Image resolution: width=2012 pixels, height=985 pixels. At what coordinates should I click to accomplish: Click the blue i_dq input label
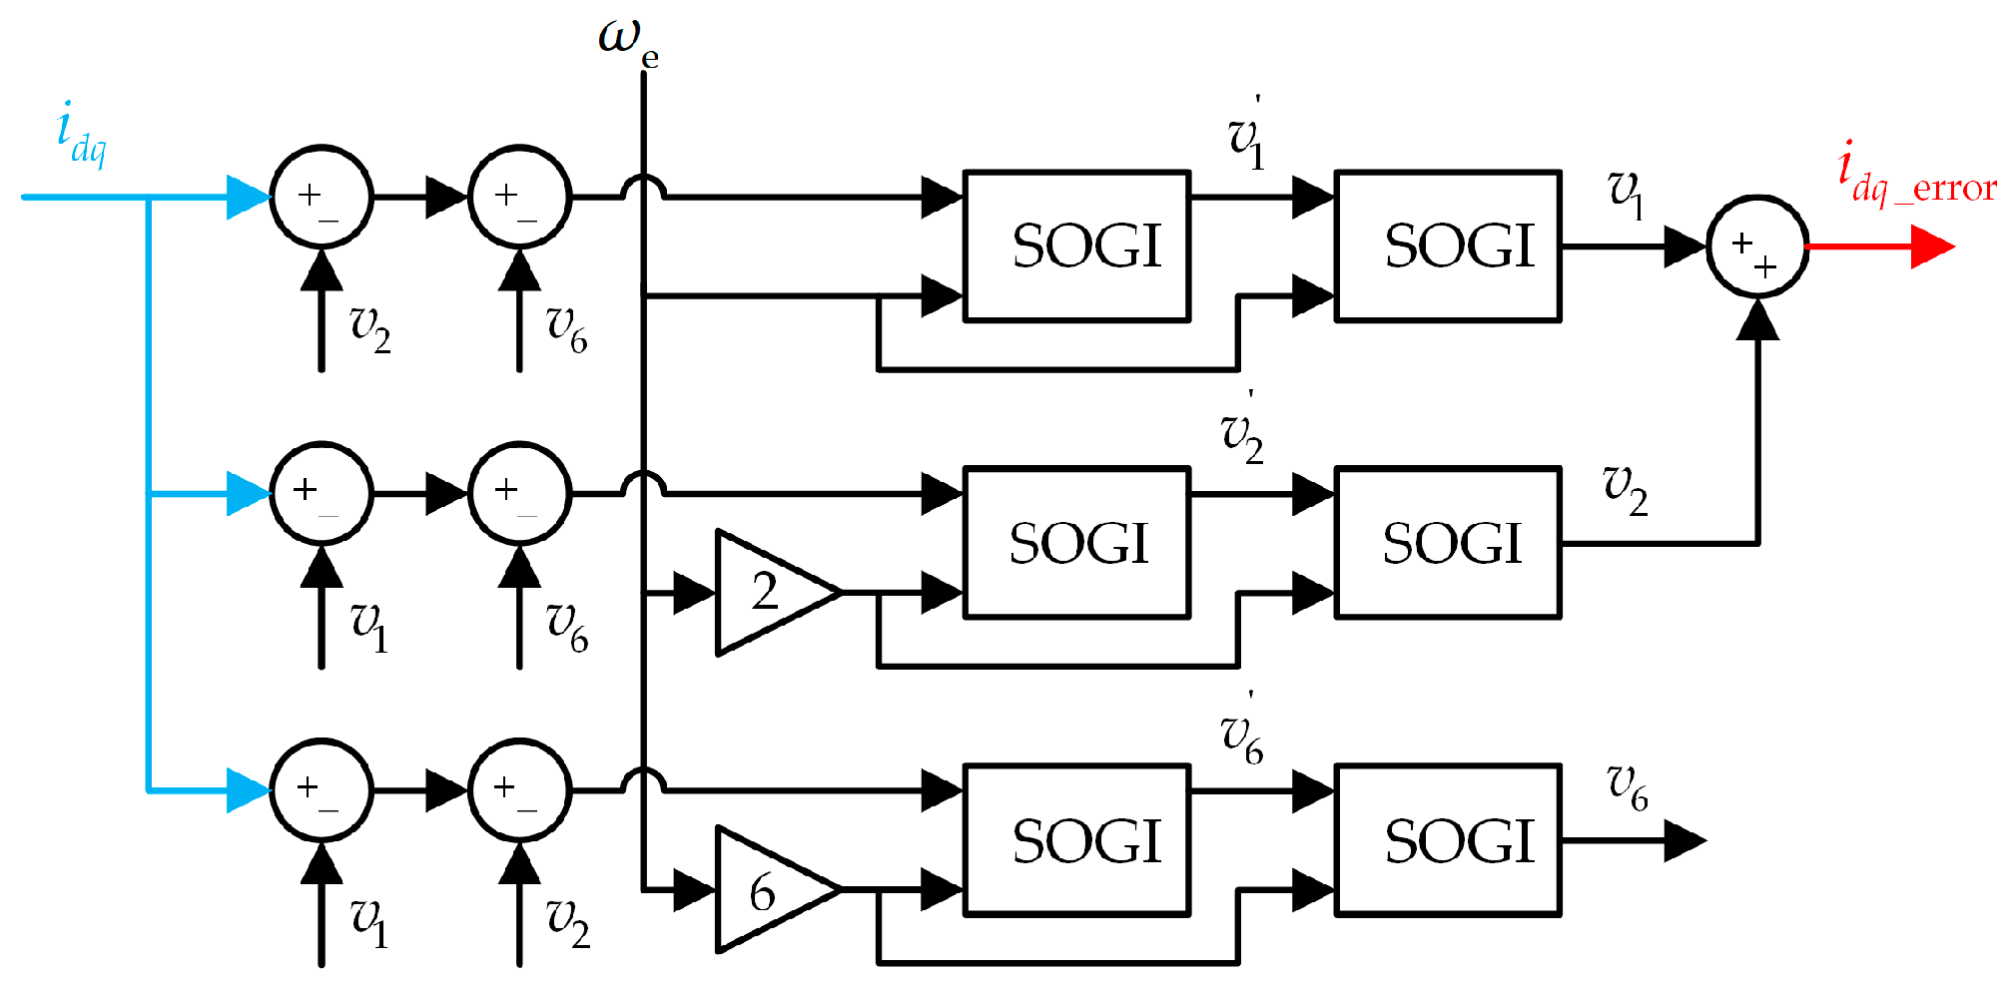pyautogui.click(x=80, y=135)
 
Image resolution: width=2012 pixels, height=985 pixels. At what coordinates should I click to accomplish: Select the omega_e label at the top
pyautogui.click(x=628, y=42)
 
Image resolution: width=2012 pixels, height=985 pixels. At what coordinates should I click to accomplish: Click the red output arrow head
pyautogui.click(x=1931, y=246)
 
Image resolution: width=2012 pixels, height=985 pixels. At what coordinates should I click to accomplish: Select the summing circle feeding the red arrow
pyautogui.click(x=1756, y=246)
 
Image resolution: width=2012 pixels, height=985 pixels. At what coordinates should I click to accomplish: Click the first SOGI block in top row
pyautogui.click(x=1076, y=246)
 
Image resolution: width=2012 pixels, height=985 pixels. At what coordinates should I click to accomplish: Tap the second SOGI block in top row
pyautogui.click(x=1448, y=246)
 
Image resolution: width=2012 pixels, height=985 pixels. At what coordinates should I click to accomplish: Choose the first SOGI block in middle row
pyautogui.click(x=1076, y=543)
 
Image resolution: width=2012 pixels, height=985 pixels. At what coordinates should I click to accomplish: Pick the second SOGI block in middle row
pyautogui.click(x=1448, y=543)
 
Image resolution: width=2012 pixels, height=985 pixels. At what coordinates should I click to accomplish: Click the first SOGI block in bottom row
pyautogui.click(x=1076, y=840)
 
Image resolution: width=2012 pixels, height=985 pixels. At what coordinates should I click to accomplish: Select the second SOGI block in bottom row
pyautogui.click(x=1448, y=840)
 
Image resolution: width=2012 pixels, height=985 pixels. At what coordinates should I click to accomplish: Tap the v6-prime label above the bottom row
pyautogui.click(x=1242, y=735)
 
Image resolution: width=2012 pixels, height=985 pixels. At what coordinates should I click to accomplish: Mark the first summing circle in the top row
pyautogui.click(x=322, y=198)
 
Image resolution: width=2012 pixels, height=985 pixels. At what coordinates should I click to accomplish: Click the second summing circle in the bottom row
pyautogui.click(x=519, y=790)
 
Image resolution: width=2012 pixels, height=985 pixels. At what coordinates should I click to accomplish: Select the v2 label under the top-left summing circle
pyautogui.click(x=369, y=327)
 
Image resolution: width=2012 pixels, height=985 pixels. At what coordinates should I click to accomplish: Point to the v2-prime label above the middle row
pyautogui.click(x=1242, y=434)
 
